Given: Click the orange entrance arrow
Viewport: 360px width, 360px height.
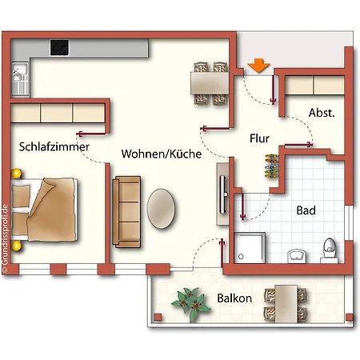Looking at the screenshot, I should pos(258,66).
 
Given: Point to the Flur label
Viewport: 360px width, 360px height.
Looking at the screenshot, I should pos(259,138).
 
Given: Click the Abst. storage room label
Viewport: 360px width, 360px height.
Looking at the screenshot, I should pos(322,113).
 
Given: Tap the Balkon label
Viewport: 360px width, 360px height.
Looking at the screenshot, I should pos(234,298).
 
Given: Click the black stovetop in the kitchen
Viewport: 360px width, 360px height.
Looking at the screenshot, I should pos(61,48).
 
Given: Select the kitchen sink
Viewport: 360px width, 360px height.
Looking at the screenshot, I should pos(19,78).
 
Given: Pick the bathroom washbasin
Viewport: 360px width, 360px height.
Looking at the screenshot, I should pos(296,254).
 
